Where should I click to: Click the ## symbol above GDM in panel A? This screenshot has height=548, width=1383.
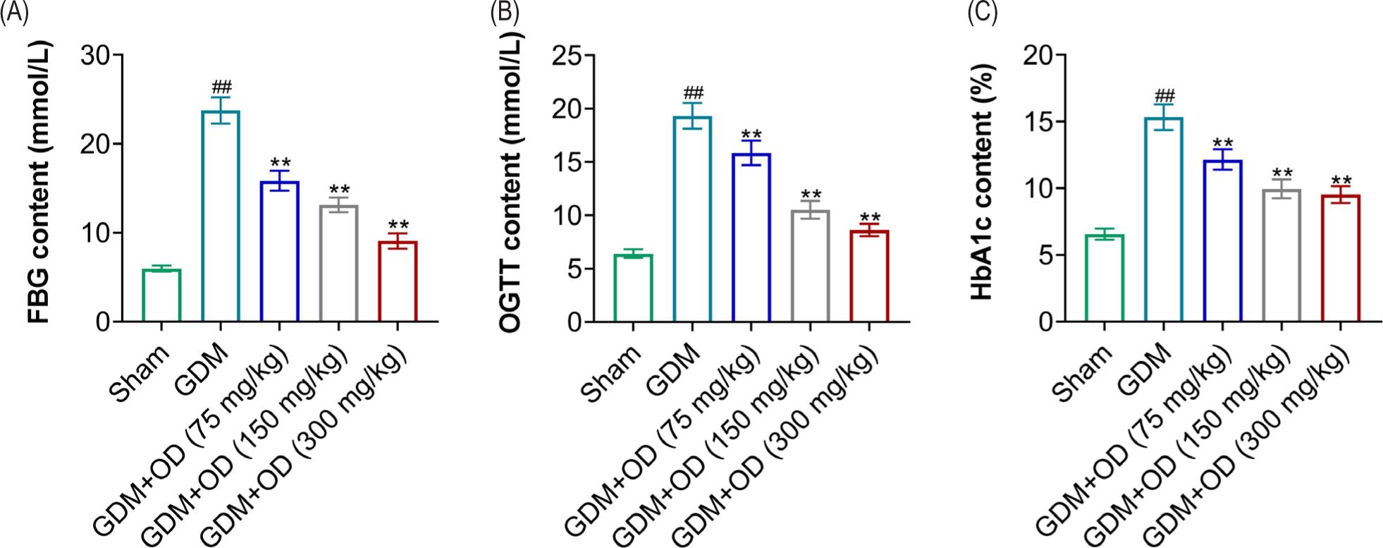click(x=221, y=87)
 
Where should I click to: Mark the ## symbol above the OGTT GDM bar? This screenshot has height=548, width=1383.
click(x=691, y=92)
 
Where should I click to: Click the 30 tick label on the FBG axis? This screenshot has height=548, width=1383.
click(x=96, y=55)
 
